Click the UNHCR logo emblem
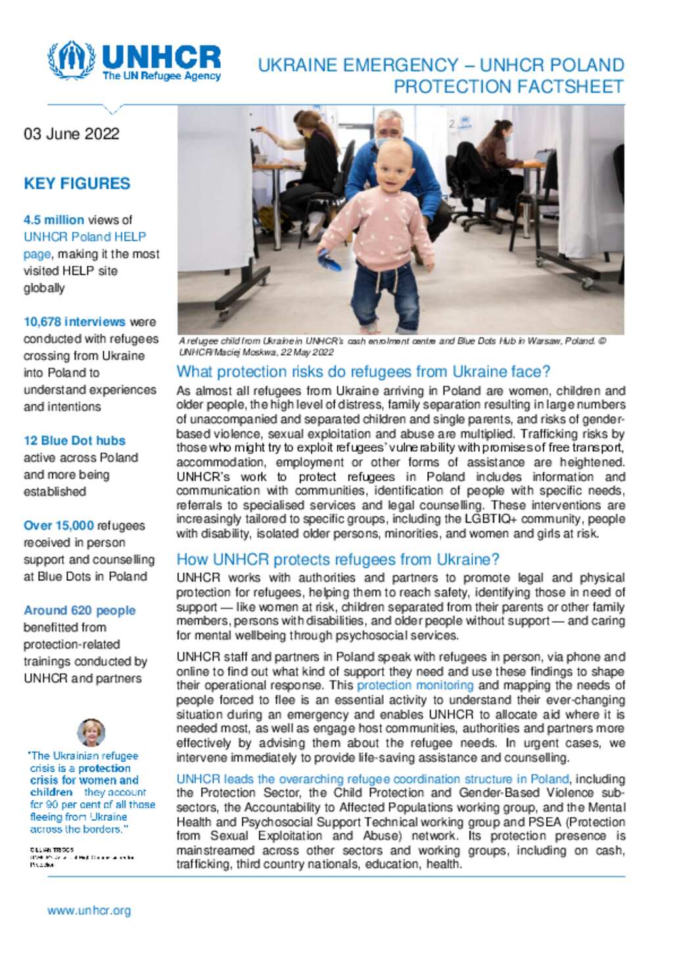pos(72,61)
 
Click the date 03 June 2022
pos(72,134)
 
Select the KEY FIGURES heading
pos(77,183)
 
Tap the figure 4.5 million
pos(54,220)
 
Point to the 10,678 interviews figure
pos(74,322)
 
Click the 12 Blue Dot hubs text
pos(74,441)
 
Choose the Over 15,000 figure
pos(58,525)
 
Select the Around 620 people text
pos(80,610)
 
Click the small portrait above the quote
pos(91,732)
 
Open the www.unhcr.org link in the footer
pos(89,911)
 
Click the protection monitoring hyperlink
pos(415,685)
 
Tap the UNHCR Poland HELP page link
pos(85,237)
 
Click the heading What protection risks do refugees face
pos(363,372)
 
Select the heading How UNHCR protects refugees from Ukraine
pos(338,560)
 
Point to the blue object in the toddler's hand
pos(331,261)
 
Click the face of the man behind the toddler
pos(389,126)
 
